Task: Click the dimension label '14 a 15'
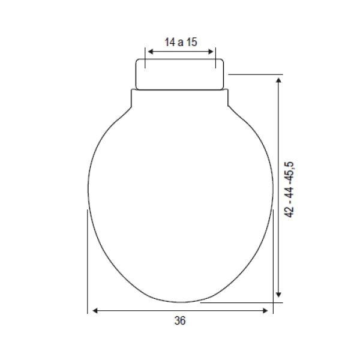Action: point(181,42)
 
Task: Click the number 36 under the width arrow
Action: point(180,320)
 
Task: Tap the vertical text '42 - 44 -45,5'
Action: point(289,190)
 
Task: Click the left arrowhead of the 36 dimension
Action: point(95,311)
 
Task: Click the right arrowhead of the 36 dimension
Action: point(265,311)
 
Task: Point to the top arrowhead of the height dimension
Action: point(278,80)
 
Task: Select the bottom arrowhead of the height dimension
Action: point(278,295)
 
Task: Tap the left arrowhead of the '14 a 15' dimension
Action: point(151,52)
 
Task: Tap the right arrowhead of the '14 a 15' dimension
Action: point(211,52)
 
